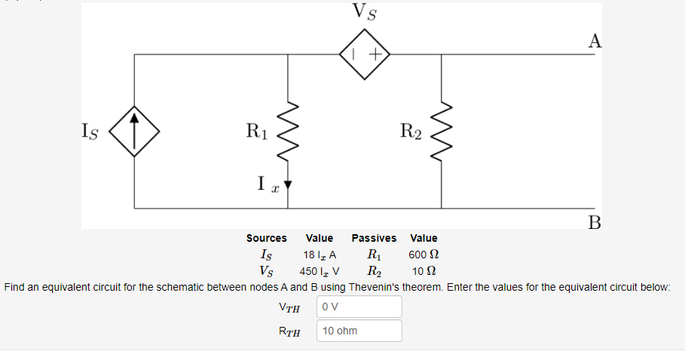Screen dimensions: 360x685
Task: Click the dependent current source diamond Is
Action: click(x=134, y=131)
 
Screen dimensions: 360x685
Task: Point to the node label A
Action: click(x=595, y=41)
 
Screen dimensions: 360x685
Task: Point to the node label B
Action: click(x=595, y=221)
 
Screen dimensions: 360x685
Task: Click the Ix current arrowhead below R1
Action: click(x=287, y=184)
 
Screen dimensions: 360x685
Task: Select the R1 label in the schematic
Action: click(x=257, y=131)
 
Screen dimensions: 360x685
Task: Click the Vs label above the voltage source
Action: click(x=365, y=13)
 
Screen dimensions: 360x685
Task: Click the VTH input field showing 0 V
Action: click(x=359, y=307)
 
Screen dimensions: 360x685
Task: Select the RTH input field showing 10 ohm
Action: click(x=359, y=331)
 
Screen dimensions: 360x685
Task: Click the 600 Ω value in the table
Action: click(x=423, y=255)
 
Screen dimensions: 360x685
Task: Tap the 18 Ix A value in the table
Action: click(x=319, y=255)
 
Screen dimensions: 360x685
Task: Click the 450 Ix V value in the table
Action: click(x=319, y=271)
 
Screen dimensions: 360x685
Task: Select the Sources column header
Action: click(x=266, y=238)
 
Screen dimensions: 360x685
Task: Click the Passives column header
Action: click(x=374, y=238)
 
